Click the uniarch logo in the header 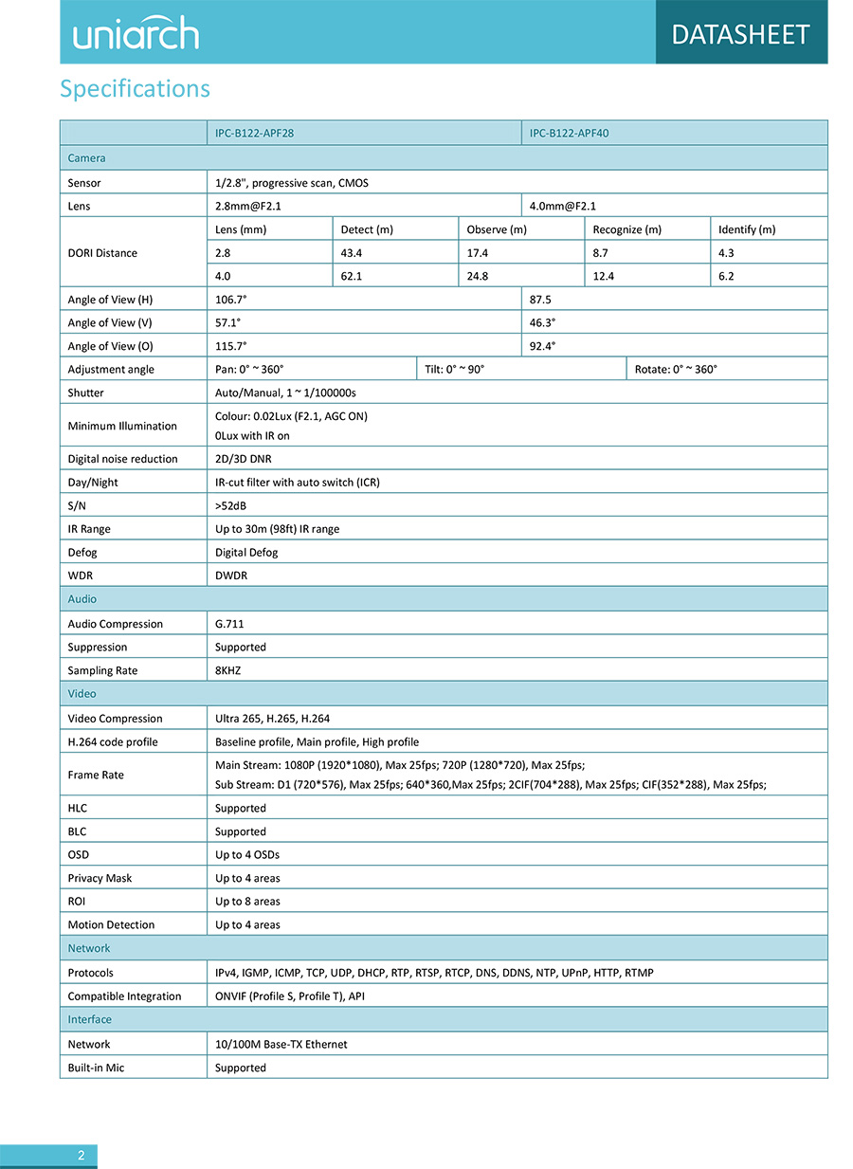(136, 33)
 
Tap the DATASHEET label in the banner (740, 34)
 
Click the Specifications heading (135, 89)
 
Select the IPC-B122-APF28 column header (254, 134)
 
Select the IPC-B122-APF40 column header (569, 134)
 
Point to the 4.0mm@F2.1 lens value (563, 206)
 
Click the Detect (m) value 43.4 (352, 253)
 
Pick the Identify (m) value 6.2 (727, 277)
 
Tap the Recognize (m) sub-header (626, 229)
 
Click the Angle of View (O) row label (110, 346)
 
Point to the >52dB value (231, 505)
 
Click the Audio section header (82, 599)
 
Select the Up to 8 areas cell (247, 901)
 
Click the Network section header (89, 948)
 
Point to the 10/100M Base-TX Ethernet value (281, 1044)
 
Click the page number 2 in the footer (82, 1155)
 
